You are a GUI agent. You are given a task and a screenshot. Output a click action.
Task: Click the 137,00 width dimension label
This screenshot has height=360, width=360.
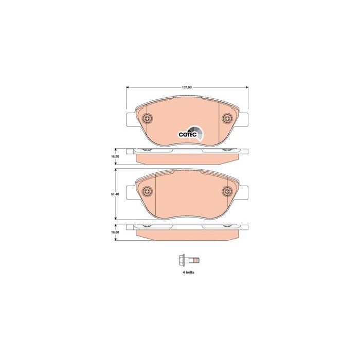click(x=187, y=87)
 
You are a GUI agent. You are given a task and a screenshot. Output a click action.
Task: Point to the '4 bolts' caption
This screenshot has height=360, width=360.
click(x=189, y=272)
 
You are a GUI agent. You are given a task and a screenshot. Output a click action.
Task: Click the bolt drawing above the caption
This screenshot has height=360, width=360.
click(x=189, y=261)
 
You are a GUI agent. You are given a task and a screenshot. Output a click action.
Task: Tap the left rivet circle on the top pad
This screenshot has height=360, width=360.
click(x=147, y=118)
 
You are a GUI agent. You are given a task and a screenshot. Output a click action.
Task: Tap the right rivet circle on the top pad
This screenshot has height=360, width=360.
click(x=227, y=118)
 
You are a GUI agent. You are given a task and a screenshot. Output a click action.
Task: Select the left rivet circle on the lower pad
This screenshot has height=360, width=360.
click(x=147, y=191)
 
